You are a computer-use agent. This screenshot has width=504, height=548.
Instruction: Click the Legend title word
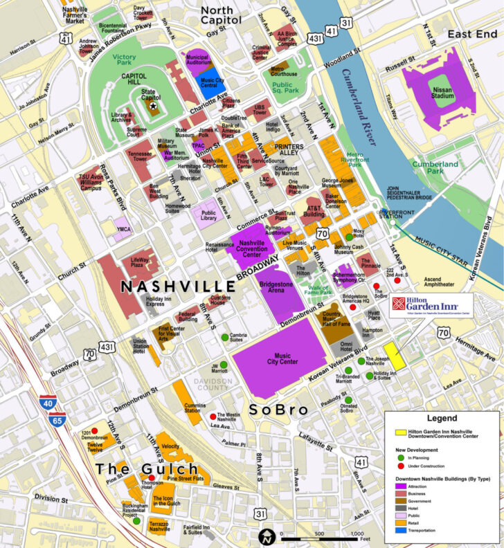tap(442, 418)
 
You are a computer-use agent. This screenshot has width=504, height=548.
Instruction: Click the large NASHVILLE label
tap(179, 286)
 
